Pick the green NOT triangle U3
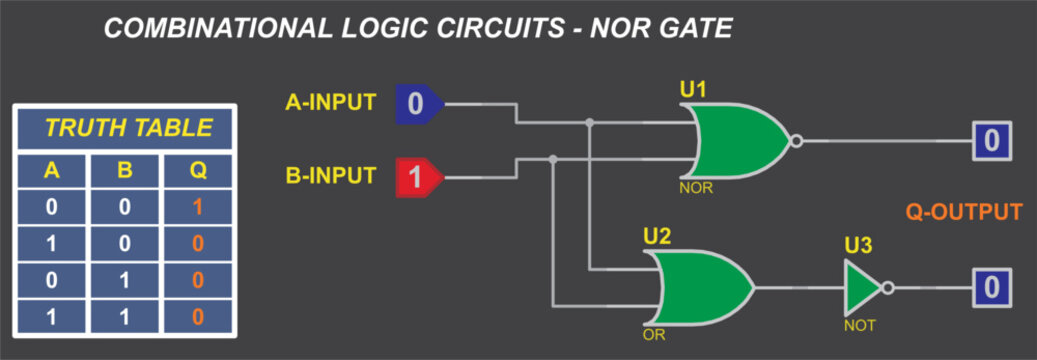coord(860,288)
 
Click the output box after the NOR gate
coord(990,140)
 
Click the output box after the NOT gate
coord(990,288)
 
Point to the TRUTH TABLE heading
coord(129,128)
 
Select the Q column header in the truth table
coord(198,170)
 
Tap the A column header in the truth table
coord(51,170)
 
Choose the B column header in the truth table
coord(125,170)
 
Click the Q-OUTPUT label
coord(964,212)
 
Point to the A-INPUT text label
coord(331,102)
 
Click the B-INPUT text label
coord(331,176)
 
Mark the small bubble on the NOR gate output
coord(796,140)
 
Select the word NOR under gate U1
coord(696,187)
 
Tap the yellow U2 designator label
coord(657,237)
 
